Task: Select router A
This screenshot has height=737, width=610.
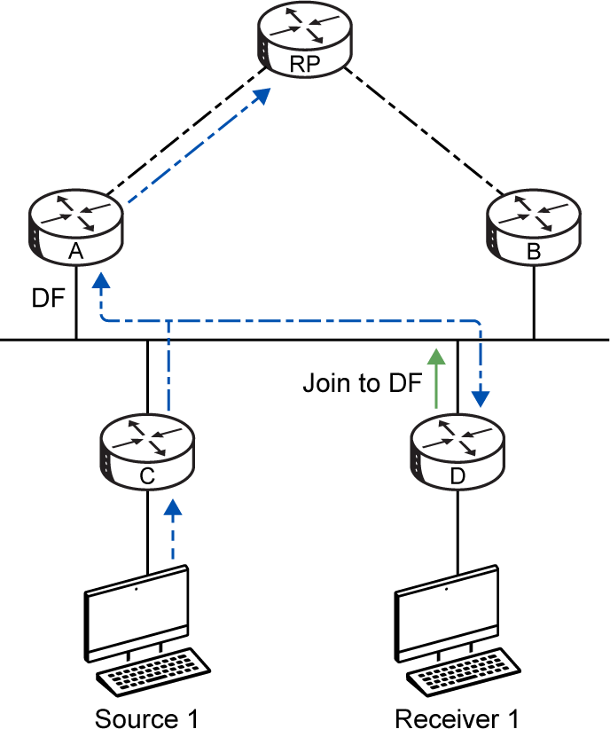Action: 75,228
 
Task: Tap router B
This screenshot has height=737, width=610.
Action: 534,228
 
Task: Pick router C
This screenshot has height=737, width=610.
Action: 147,451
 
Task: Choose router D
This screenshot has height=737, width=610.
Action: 457,451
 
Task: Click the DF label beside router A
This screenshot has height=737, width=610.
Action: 48,298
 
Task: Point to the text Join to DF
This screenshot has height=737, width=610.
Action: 362,383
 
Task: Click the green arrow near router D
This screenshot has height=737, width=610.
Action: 437,379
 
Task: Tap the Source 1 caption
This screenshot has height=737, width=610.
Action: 146,719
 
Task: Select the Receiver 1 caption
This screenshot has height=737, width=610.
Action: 457,719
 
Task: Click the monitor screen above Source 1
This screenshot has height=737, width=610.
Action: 137,614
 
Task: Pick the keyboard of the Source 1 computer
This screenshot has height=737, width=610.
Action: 153,672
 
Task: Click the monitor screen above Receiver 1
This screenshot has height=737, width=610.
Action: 447,614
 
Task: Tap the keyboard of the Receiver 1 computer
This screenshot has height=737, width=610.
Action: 464,672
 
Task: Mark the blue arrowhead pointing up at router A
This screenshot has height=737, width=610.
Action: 101,280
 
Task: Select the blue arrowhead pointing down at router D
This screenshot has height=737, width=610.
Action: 481,398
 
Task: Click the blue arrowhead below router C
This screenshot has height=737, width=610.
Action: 173,507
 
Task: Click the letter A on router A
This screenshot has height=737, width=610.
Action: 75,252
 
